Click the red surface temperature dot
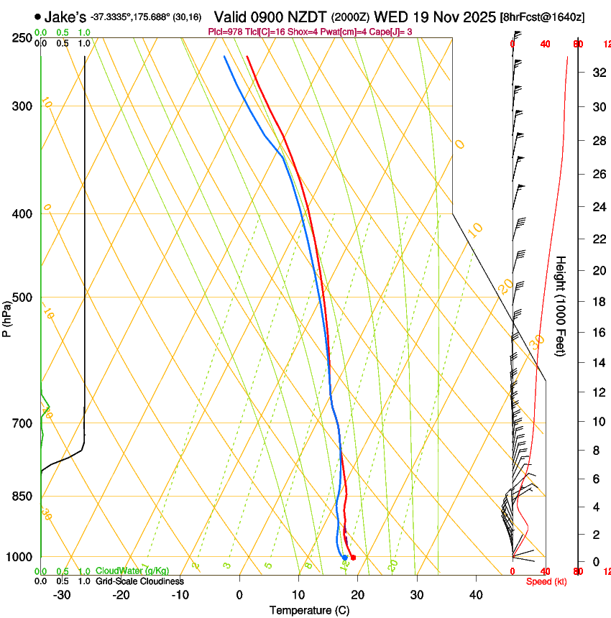pyautogui.click(x=353, y=558)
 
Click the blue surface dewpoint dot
pyautogui.click(x=345, y=558)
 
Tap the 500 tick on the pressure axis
pyautogui.click(x=22, y=298)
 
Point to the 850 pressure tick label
pyautogui.click(x=22, y=497)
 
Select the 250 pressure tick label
pyautogui.click(x=22, y=38)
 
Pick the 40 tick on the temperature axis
pyautogui.click(x=476, y=595)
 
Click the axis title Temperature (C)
pyautogui.click(x=309, y=610)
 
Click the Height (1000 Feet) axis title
pyautogui.click(x=561, y=305)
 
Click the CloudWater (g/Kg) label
pyautogui.click(x=132, y=571)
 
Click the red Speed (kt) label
pyautogui.click(x=546, y=581)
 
